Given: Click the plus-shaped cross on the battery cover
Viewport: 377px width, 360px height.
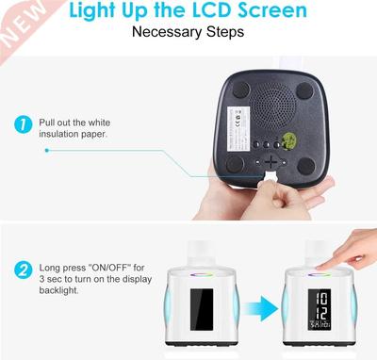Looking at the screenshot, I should pyautogui.click(x=273, y=162).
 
